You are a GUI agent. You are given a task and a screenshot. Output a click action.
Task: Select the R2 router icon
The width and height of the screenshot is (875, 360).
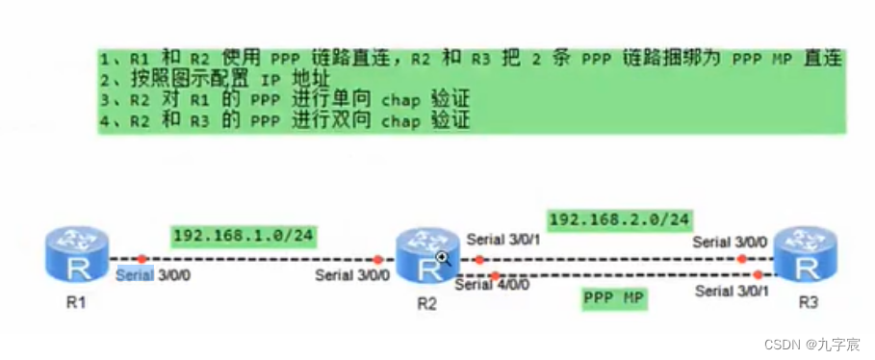tap(424, 255)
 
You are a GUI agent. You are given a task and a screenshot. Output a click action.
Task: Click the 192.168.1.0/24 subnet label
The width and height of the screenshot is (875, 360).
tap(244, 235)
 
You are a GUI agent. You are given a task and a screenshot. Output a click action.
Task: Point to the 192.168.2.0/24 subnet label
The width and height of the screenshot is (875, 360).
tap(620, 220)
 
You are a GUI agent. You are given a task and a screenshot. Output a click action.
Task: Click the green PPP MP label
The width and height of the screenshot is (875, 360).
tap(613, 298)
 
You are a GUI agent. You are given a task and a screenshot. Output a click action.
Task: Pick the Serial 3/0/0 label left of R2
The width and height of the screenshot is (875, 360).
tap(352, 275)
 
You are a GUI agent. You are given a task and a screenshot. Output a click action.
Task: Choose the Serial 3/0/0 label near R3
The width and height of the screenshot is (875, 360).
tap(731, 242)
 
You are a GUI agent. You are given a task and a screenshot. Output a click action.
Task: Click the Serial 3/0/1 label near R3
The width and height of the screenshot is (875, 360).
tap(733, 290)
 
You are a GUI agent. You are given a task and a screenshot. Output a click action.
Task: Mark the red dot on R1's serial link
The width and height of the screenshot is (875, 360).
tap(142, 259)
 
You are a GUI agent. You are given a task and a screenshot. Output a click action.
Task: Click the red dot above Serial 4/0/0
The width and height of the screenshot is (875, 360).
tap(496, 276)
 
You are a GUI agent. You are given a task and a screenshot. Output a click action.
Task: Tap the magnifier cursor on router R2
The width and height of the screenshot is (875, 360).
tap(443, 257)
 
